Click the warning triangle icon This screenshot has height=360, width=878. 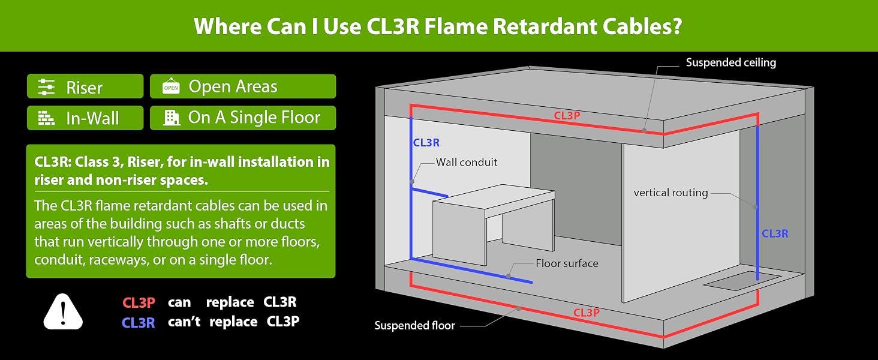pos(63,311)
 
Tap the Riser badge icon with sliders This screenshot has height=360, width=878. pos(46,87)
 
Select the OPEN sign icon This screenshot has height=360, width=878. pos(171,86)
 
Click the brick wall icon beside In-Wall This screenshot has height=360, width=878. pos(46,118)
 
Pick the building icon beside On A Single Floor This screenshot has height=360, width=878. pos(172,117)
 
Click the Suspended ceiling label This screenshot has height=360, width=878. pos(730,63)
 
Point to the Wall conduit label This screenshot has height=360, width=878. pos(467,163)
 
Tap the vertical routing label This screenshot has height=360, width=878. pos(670,193)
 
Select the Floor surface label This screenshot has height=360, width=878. pos(567,263)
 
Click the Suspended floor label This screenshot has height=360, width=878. pos(414,325)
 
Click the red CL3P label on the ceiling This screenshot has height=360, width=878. pos(567,115)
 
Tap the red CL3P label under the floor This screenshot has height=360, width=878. pos(587,313)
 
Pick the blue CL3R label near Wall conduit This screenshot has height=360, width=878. pos(426,143)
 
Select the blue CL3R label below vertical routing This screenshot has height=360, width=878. pos(774,234)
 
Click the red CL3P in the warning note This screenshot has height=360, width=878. pos(139,303)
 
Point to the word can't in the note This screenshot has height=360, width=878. pos(184,322)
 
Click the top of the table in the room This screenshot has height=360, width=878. pos(495,201)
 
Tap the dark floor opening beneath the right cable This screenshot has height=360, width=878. pos(742,280)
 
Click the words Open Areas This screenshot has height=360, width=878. pos(233,86)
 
